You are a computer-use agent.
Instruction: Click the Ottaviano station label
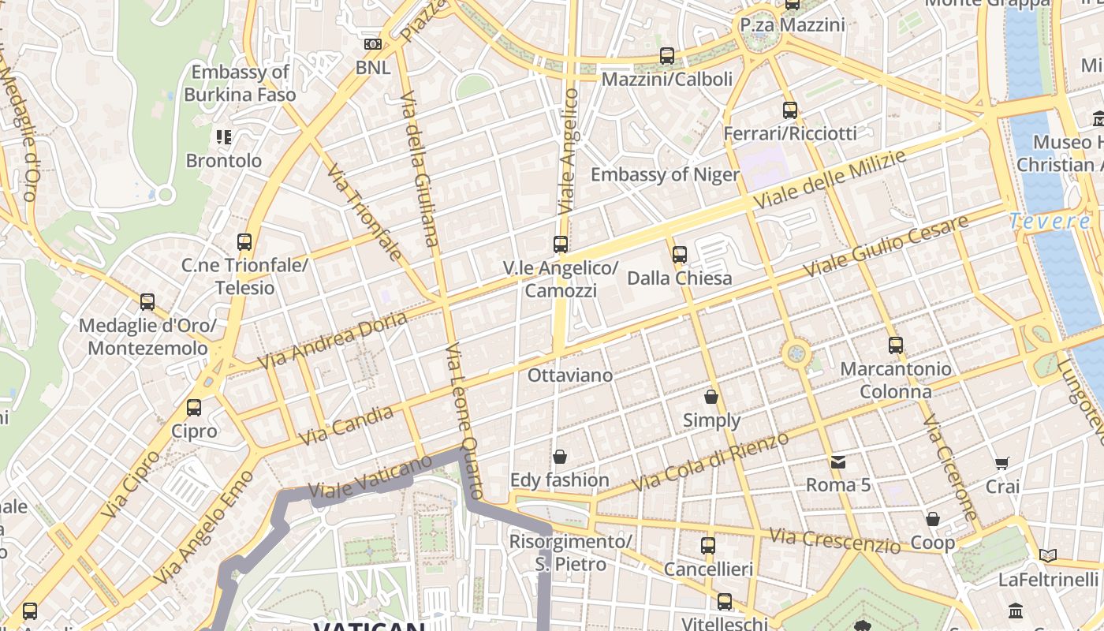click(569, 375)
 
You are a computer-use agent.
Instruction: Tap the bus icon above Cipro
click(194, 408)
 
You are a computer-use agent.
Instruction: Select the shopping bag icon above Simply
click(711, 397)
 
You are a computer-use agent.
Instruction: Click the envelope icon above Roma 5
click(837, 461)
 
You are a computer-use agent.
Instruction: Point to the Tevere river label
click(1050, 222)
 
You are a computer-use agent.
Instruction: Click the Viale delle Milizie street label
click(829, 179)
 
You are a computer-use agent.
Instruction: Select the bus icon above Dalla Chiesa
click(680, 255)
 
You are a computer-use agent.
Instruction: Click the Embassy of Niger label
click(665, 174)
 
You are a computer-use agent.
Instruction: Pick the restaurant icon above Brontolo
click(224, 137)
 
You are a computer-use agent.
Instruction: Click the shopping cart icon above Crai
click(1002, 463)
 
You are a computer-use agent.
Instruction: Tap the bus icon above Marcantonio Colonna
click(895, 345)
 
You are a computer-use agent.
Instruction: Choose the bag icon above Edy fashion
click(560, 457)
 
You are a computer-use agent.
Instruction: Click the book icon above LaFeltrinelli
click(1048, 556)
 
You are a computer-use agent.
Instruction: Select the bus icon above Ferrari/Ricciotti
click(790, 110)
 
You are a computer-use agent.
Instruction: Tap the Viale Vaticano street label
click(371, 476)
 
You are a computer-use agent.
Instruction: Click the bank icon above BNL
click(373, 44)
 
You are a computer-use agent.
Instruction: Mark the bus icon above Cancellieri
click(708, 545)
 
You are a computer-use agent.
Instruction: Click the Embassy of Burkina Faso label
click(240, 84)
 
